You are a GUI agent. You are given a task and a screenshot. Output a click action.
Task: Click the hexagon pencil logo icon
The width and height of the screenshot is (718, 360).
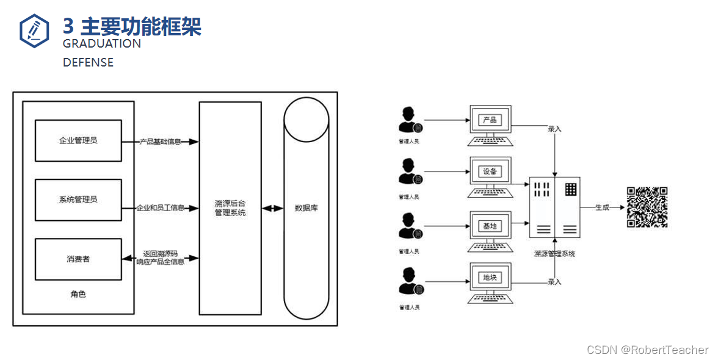34,30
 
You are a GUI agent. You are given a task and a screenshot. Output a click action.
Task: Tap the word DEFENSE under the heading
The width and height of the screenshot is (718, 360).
88,62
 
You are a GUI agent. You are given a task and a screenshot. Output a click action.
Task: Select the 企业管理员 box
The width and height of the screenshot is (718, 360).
78,140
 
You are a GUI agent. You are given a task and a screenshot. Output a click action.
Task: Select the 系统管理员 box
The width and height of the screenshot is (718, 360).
78,200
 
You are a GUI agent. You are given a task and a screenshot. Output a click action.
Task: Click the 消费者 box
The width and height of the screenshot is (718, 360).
78,259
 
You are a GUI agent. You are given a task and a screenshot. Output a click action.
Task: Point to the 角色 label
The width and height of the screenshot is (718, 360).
78,294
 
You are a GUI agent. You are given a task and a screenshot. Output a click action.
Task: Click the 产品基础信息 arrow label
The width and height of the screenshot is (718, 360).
161,142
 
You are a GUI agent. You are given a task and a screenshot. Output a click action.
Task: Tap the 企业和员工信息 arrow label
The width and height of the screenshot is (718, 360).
161,208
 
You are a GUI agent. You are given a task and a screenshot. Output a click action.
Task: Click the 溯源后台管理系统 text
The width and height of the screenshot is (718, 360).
230,208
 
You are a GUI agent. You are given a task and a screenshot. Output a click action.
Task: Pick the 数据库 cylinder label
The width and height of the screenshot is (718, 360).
306,207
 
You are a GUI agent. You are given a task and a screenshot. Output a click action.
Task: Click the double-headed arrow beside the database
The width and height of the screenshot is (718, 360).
272,208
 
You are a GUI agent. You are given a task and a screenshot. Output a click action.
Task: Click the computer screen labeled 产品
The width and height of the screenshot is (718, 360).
490,120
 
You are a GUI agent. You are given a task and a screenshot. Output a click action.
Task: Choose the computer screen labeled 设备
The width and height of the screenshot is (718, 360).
490,171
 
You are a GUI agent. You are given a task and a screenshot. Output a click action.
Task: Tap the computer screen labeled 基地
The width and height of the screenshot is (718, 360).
490,226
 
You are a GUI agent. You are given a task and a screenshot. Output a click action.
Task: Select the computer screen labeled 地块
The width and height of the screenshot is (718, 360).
490,278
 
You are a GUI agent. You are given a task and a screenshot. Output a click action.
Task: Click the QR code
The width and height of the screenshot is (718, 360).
647,207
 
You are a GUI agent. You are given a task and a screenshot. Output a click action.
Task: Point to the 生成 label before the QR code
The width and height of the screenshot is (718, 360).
602,207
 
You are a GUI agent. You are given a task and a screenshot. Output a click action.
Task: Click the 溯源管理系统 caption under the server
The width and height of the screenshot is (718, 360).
554,253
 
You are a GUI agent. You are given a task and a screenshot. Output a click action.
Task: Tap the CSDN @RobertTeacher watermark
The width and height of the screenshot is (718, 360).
647,350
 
